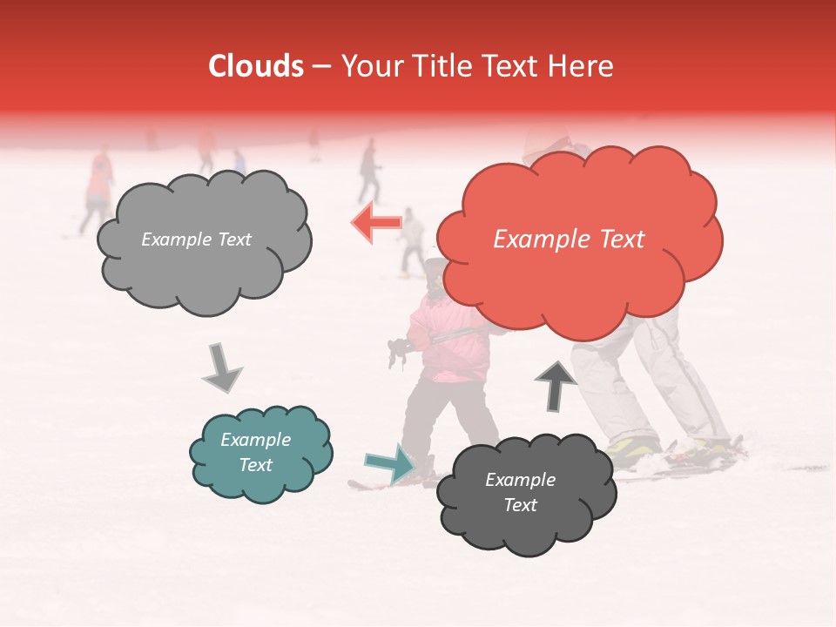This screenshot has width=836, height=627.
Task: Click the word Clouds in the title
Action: [256, 66]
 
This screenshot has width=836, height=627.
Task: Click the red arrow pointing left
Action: [376, 223]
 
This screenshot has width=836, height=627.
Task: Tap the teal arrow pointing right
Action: [391, 462]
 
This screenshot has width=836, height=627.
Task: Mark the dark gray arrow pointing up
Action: [555, 386]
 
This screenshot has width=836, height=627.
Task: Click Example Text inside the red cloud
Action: [569, 239]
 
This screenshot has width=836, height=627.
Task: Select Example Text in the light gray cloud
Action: [196, 239]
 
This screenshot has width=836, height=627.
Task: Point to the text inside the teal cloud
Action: [256, 453]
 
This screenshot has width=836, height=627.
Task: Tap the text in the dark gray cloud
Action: [520, 493]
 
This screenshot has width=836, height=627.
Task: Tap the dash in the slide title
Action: [320, 67]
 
